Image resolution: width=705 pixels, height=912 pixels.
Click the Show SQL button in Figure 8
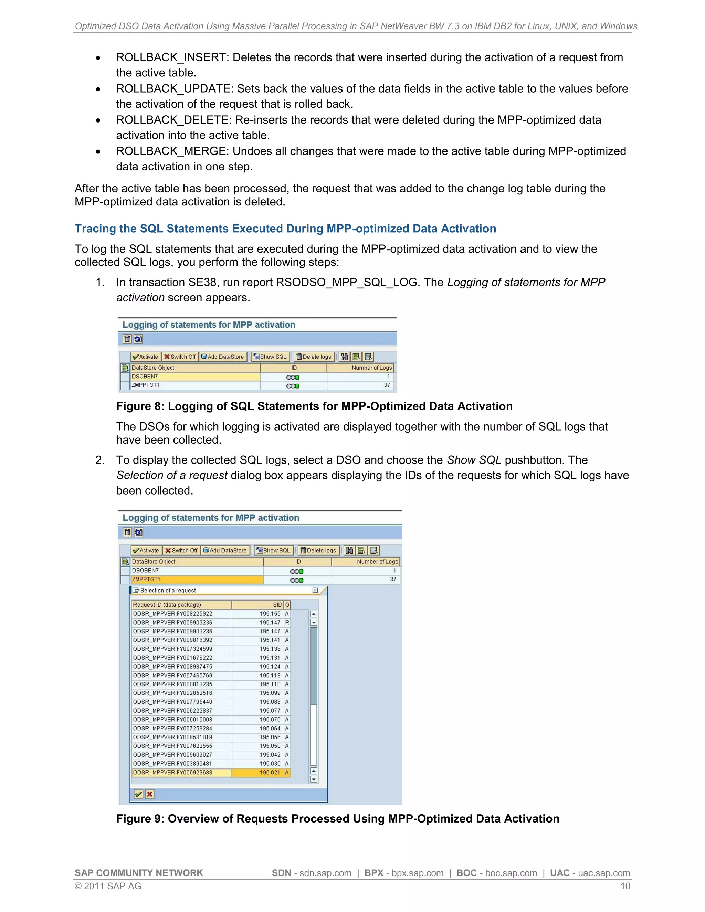[270, 357]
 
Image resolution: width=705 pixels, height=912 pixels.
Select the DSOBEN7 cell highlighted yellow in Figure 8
[195, 376]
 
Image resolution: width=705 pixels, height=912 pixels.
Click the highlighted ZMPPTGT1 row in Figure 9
[197, 579]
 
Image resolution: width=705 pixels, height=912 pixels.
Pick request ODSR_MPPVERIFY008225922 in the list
[172, 613]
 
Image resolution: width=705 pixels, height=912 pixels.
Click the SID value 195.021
[270, 773]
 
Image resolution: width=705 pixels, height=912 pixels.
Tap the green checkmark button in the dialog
[139, 794]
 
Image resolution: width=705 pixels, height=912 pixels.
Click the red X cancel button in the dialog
[149, 794]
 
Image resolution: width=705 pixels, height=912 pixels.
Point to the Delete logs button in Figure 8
[314, 357]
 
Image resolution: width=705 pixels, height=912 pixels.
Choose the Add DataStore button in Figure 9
[225, 550]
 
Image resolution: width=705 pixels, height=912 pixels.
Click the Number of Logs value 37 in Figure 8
[387, 385]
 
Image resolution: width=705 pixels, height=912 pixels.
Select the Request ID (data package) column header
[181, 605]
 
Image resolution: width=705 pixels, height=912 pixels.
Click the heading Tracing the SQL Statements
[285, 229]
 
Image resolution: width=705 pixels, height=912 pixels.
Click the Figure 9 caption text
[337, 818]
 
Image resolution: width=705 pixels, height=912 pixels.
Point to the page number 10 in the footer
[625, 886]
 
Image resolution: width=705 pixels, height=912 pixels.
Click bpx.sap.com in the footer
[417, 873]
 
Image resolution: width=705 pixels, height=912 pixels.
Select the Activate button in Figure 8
[145, 357]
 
